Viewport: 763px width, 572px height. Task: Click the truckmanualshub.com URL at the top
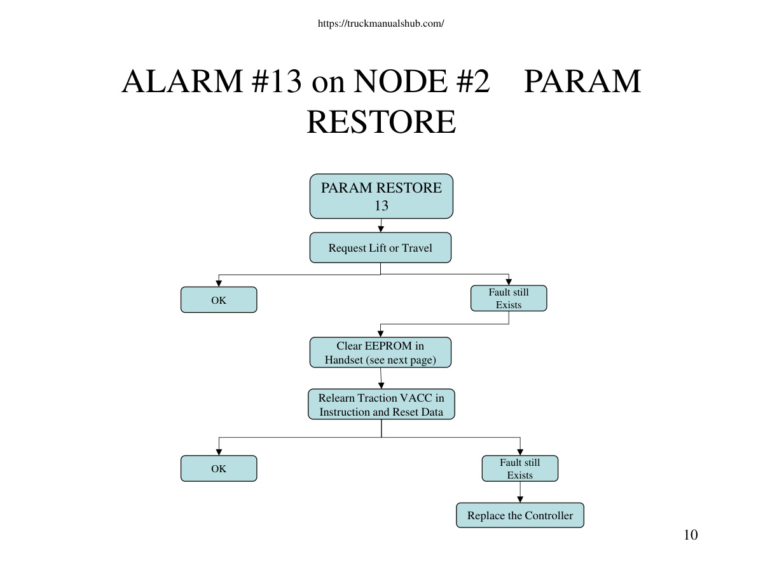381,24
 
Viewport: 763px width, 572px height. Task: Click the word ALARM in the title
182,81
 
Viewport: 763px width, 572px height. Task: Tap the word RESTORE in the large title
381,121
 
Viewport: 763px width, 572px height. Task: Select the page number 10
691,535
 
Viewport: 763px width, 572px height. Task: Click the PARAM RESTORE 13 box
381,196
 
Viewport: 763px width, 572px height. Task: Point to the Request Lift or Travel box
381,248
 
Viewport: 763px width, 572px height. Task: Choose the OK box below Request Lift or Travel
219,300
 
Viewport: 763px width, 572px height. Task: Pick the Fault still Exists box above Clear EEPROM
509,298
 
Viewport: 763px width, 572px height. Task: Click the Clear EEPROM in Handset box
381,353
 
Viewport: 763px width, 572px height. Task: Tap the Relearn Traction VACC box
381,404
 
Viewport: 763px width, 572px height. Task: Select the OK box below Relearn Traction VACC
219,468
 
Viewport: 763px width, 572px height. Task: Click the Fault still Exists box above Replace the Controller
520,468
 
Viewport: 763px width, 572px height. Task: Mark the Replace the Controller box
520,515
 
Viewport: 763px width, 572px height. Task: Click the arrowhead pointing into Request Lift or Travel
381,229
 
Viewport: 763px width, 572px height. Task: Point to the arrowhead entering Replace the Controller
520,500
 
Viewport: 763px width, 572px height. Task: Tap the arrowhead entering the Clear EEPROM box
381,334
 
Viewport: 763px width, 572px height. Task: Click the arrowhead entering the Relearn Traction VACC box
381,386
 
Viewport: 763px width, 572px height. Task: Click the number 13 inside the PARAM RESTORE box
381,205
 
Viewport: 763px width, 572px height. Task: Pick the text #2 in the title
474,81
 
